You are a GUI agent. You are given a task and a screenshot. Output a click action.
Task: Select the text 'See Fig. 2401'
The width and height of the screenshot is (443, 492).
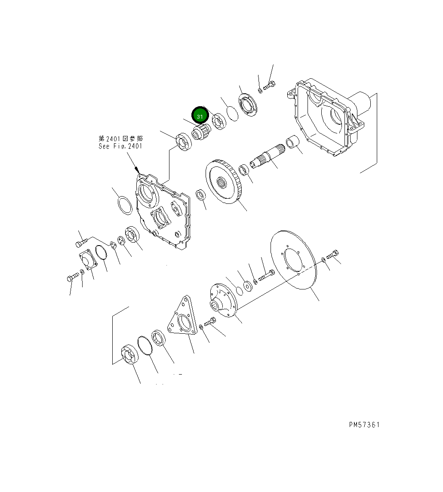120,146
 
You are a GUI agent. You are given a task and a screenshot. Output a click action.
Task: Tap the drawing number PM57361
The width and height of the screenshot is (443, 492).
364,425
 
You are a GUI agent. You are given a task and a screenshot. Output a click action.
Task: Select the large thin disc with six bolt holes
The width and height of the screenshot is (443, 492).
293,261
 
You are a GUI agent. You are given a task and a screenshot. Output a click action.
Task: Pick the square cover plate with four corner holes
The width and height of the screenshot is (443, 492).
88,261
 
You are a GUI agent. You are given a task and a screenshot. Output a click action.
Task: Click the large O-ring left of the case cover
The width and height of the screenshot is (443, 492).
125,205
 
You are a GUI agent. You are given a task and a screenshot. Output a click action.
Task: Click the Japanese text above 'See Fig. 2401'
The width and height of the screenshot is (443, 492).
120,138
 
